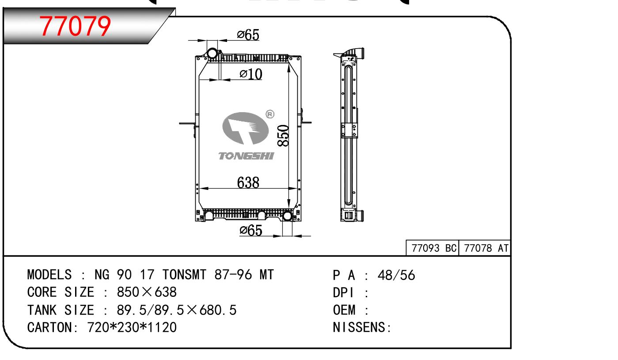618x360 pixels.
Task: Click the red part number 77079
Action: point(75,26)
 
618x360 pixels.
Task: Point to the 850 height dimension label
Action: point(283,136)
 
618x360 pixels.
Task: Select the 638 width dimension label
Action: point(248,182)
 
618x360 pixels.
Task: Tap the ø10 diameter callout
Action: point(251,74)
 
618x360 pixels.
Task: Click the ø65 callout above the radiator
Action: point(248,35)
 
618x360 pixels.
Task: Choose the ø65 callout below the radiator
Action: point(251,230)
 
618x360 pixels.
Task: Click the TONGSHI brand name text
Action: point(246,156)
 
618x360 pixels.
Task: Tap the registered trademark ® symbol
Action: point(270,114)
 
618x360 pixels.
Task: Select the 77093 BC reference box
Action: point(432,248)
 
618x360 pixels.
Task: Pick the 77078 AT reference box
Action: point(485,248)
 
